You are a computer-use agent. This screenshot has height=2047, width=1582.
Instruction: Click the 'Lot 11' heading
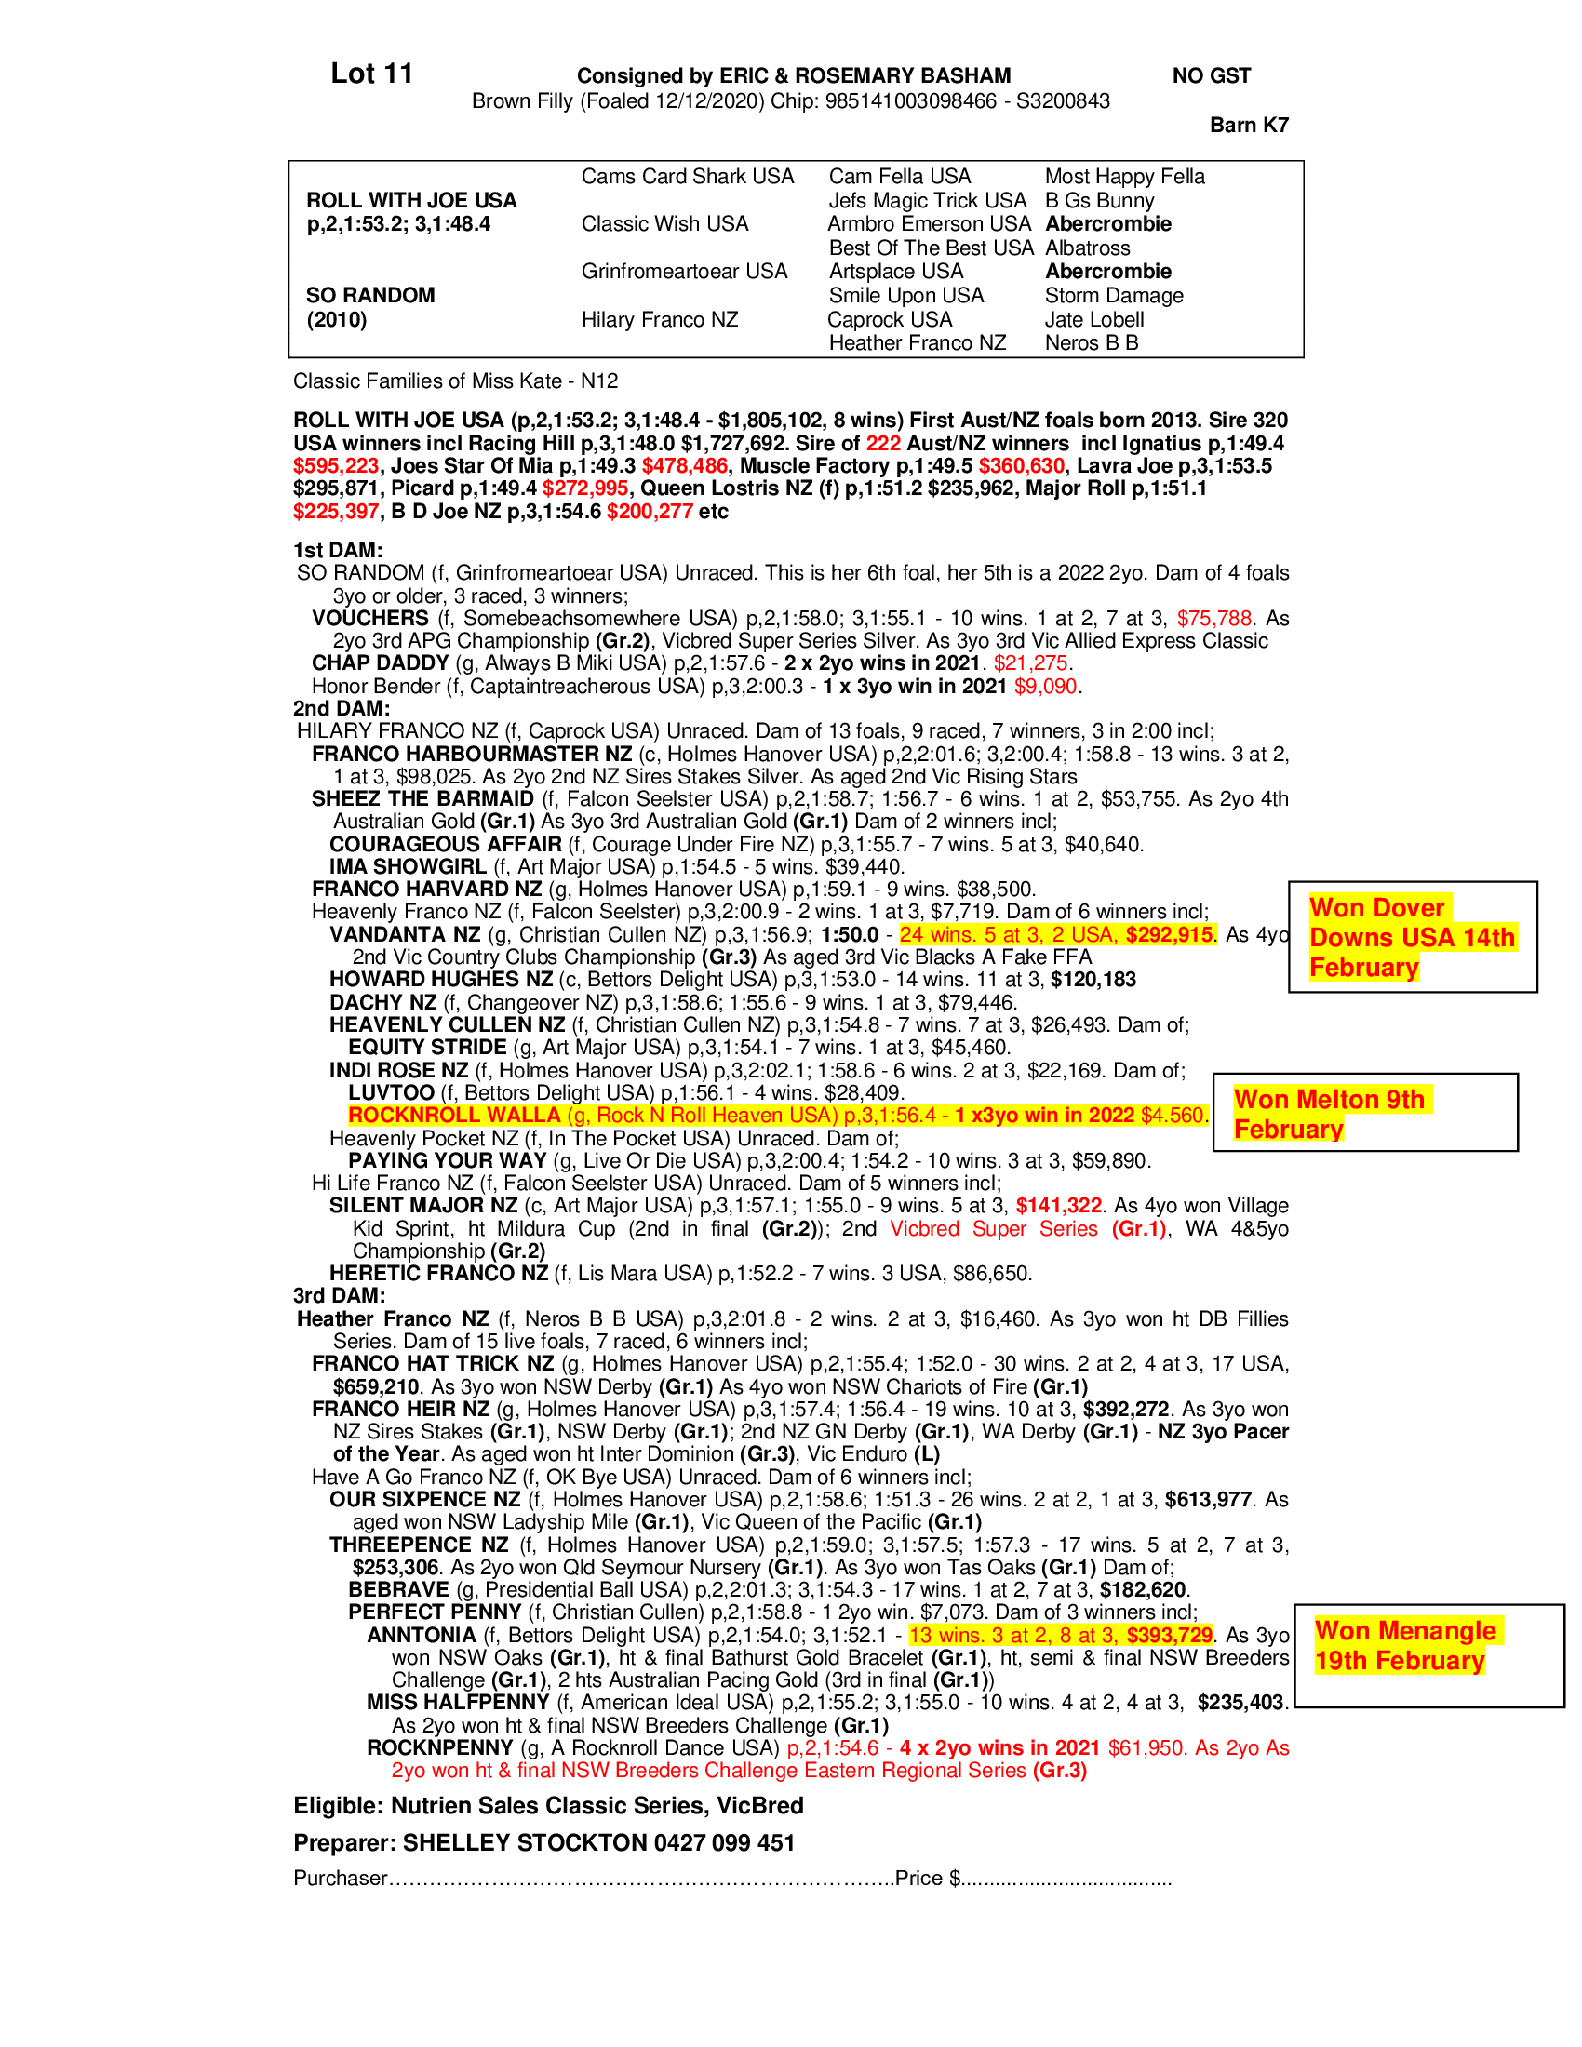371,74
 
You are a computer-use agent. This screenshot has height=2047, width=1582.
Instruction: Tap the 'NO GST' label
1211,76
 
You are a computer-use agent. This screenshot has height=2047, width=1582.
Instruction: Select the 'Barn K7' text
1248,125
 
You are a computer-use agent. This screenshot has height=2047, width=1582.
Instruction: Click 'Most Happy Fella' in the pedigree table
1124,176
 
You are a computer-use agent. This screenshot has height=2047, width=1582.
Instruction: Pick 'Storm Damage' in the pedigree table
1113,295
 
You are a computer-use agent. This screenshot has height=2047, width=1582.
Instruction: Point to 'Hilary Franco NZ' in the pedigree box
659,319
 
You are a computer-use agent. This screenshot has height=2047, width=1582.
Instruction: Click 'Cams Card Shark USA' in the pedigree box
687,176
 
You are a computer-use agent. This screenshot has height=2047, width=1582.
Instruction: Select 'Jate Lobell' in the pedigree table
1093,319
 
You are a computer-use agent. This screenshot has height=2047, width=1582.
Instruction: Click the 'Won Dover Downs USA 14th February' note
1412,937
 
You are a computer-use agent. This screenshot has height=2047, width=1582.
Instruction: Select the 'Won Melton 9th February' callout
1329,1114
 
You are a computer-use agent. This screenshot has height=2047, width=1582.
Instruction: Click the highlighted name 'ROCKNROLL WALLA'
453,1116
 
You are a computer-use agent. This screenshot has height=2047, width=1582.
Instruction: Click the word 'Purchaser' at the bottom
341,1879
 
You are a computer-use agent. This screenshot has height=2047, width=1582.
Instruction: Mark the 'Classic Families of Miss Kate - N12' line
455,381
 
